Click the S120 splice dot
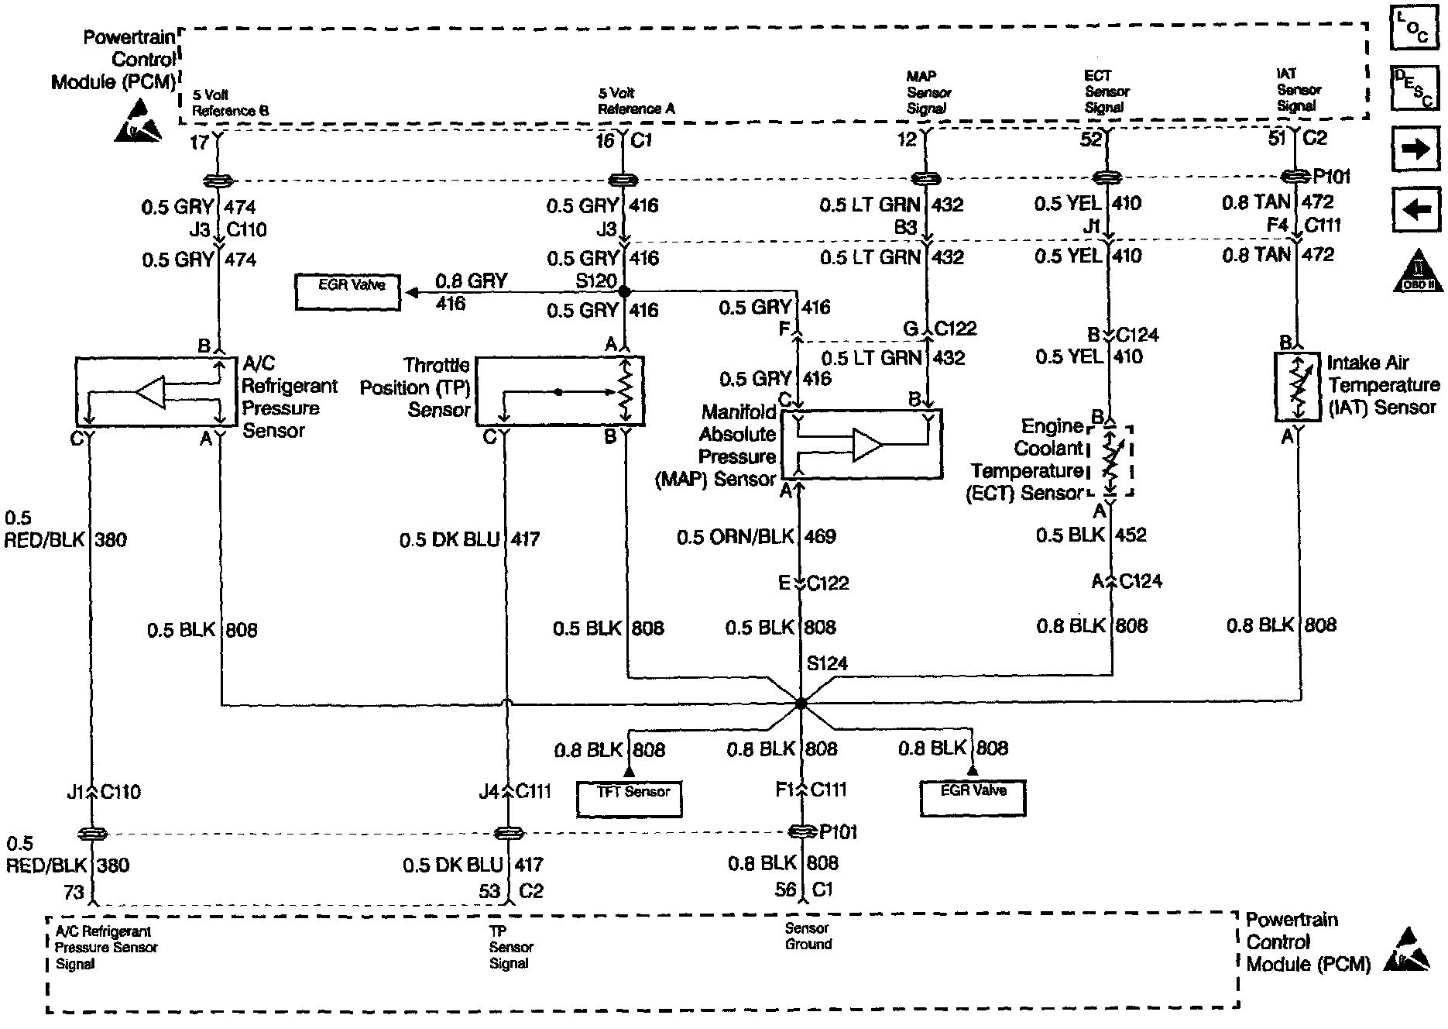point(623,292)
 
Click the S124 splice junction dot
point(801,704)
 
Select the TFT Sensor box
point(629,798)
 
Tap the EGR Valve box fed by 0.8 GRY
point(348,291)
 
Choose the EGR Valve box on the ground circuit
point(973,797)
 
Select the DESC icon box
point(1415,87)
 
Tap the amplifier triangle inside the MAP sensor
point(866,445)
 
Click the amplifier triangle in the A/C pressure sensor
point(151,392)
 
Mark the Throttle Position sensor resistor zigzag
point(627,391)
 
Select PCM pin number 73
point(73,892)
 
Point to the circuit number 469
point(821,536)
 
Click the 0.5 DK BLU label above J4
point(449,539)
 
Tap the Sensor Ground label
point(808,936)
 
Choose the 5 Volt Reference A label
point(636,102)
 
